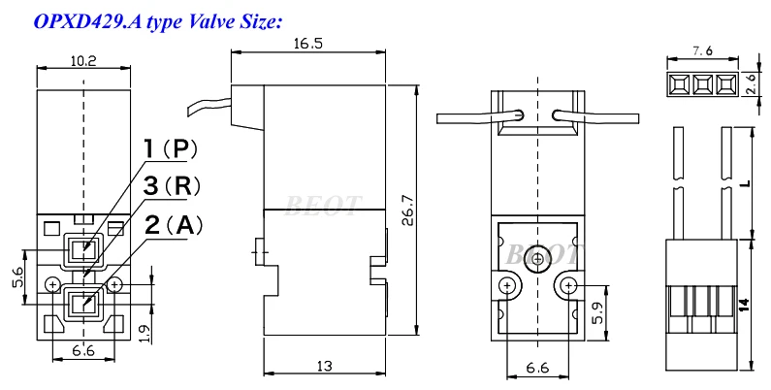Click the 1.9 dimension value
pos(143,333)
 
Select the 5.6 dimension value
pos(16,276)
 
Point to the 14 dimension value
pos(743,304)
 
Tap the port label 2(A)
pos(174,225)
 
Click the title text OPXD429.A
pos(82,18)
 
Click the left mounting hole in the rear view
pos(506,284)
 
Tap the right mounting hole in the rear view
pos(567,284)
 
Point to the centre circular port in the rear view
pos(536,260)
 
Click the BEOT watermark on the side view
pos(323,204)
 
